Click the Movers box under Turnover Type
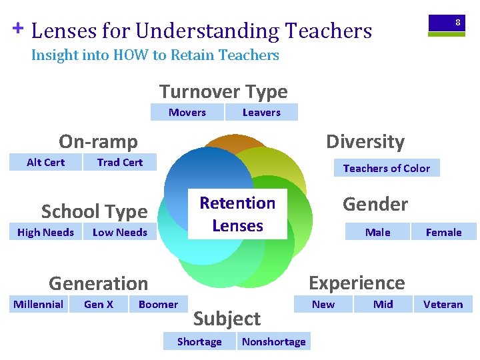pos(187,112)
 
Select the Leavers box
pos(261,112)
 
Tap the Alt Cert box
pos(45,162)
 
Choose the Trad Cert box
pos(120,162)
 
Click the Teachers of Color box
pos(387,168)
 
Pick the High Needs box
pos(45,232)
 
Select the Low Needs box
pos(120,232)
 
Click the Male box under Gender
pos(378,232)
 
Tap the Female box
pos(443,232)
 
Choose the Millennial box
pos(39,304)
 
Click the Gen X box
pos(99,304)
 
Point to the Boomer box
pos(158,304)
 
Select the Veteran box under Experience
pos(443,304)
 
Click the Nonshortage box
pos(273,341)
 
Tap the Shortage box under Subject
pos(199,341)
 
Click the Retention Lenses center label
pos(237,214)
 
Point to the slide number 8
pos(457,23)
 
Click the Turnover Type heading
pos(223,91)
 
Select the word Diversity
pos(365,141)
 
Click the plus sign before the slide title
pos(18,28)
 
